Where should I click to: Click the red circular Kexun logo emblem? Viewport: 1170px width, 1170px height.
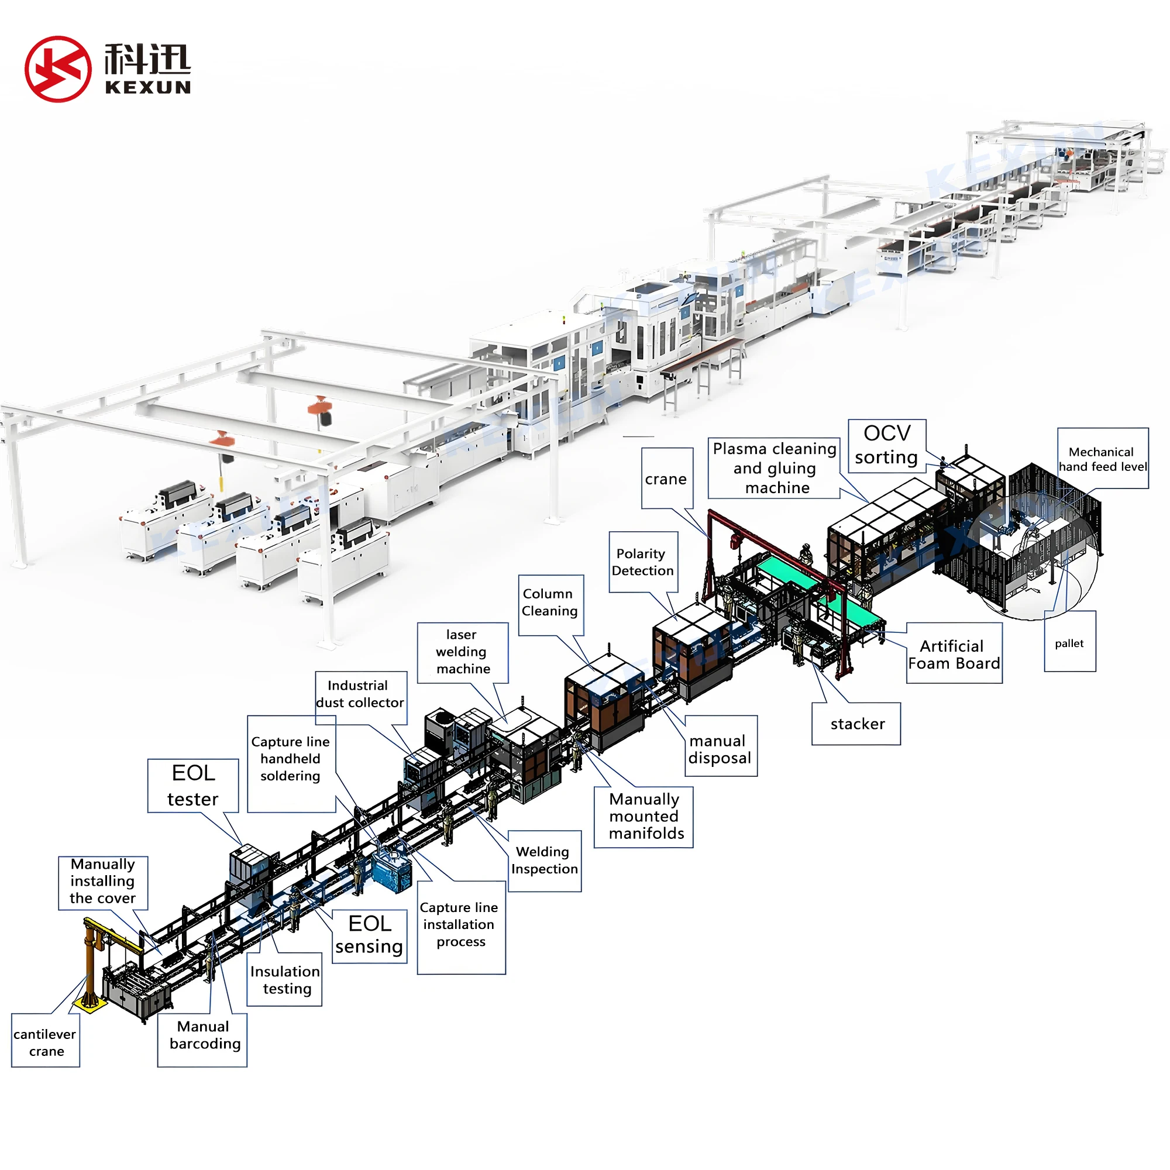pyautogui.click(x=58, y=69)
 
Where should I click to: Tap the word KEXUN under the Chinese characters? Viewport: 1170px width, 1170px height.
pyautogui.click(x=148, y=88)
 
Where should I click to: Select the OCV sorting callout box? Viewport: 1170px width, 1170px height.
pyautogui.click(x=887, y=445)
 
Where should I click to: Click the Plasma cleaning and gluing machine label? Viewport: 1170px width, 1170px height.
pyautogui.click(x=775, y=468)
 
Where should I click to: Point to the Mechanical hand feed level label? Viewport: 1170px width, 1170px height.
pyautogui.click(x=1102, y=459)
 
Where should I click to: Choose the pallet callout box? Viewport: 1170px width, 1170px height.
pyautogui.click(x=1069, y=643)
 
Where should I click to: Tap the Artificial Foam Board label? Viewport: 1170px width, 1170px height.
pyautogui.click(x=954, y=654)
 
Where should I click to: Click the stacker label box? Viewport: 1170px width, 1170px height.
pyautogui.click(x=857, y=724)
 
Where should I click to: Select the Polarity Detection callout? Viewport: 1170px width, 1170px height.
pyautogui.click(x=642, y=562)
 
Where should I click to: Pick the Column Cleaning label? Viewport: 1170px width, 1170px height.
pyautogui.click(x=550, y=603)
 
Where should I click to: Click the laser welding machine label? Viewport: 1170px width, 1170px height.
pyautogui.click(x=463, y=652)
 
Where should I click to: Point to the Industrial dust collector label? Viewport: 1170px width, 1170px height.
pyautogui.click(x=360, y=694)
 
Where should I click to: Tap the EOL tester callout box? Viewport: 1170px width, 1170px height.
pyautogui.click(x=193, y=786)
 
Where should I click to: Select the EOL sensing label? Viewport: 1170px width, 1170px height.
pyautogui.click(x=369, y=935)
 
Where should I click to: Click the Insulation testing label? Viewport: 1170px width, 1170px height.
pyautogui.click(x=285, y=980)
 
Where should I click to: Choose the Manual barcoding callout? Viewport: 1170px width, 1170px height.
pyautogui.click(x=204, y=1035)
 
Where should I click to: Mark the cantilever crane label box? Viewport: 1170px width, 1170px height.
pyautogui.click(x=46, y=1042)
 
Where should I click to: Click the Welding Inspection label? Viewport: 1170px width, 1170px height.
pyautogui.click(x=545, y=860)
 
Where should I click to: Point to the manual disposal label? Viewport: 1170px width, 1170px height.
pyautogui.click(x=720, y=749)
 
